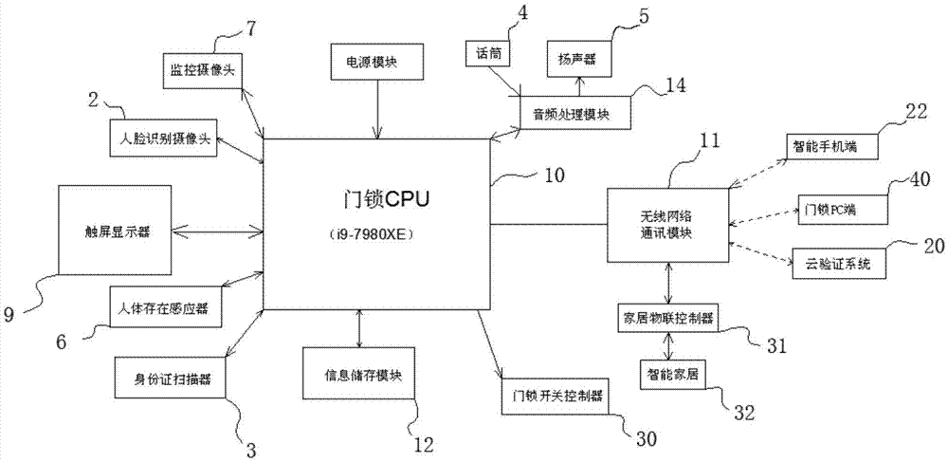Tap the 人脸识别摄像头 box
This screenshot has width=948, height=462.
(164, 140)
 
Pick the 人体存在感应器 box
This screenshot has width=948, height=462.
(167, 306)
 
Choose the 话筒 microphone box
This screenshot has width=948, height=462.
(488, 55)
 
